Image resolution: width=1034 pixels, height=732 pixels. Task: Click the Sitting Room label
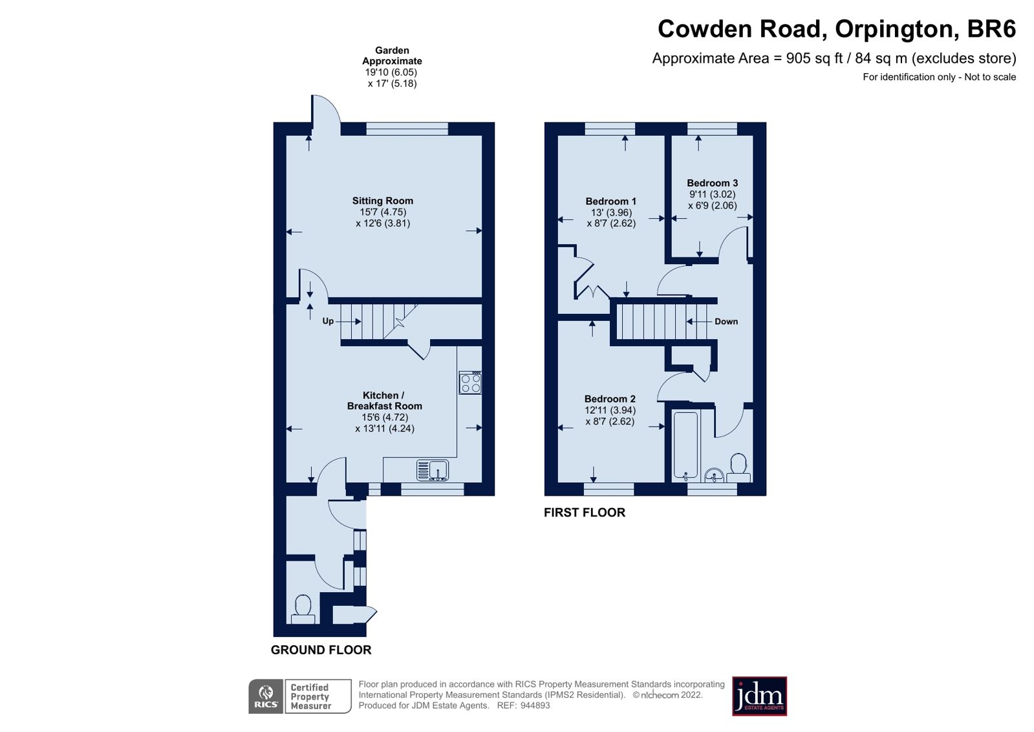pyautogui.click(x=382, y=201)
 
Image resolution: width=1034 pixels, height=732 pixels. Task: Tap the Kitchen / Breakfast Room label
pyautogui.click(x=384, y=401)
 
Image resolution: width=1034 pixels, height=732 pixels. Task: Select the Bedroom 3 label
pyautogui.click(x=712, y=183)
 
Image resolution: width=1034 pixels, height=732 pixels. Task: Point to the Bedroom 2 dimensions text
pyautogui.click(x=610, y=416)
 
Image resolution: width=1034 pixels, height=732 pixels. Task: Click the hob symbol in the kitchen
pyautogui.click(x=470, y=383)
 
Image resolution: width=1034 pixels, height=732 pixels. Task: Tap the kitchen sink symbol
pyautogui.click(x=433, y=470)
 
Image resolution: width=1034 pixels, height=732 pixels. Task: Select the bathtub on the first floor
pyautogui.click(x=685, y=446)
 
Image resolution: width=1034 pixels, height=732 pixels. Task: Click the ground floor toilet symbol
pyautogui.click(x=303, y=610)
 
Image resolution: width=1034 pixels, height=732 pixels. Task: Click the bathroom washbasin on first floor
pyautogui.click(x=714, y=476)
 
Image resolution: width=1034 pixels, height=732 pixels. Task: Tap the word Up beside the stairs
pyautogui.click(x=328, y=321)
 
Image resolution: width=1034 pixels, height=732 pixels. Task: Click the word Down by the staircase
pyautogui.click(x=726, y=322)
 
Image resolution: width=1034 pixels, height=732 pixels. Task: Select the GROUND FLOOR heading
pyautogui.click(x=321, y=650)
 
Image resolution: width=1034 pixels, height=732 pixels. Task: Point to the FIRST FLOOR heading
pyautogui.click(x=584, y=513)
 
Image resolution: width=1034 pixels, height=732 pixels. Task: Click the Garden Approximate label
pyautogui.click(x=392, y=56)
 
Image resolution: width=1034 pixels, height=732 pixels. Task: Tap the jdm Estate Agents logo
pyautogui.click(x=759, y=696)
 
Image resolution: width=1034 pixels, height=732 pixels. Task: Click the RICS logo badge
pyautogui.click(x=266, y=696)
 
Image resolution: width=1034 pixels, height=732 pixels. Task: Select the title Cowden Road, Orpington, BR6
pyautogui.click(x=836, y=29)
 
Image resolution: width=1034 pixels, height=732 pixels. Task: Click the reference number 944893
pyautogui.click(x=535, y=705)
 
